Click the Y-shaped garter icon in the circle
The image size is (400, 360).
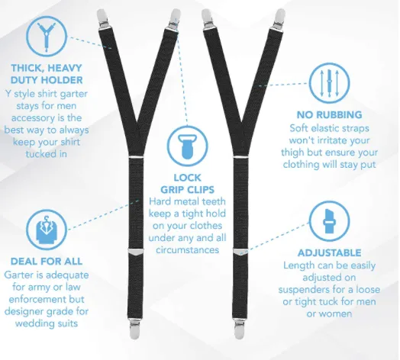click(x=46, y=36)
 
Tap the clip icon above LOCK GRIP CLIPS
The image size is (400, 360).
click(x=188, y=146)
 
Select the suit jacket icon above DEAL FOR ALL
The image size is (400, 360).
click(x=46, y=230)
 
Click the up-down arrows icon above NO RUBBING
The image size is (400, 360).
click(x=329, y=83)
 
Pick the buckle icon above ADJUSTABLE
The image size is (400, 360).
click(x=329, y=221)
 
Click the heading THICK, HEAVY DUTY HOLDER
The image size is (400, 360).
click(x=47, y=74)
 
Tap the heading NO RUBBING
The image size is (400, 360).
click(x=329, y=114)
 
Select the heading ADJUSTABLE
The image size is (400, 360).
click(x=329, y=252)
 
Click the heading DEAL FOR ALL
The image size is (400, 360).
click(x=47, y=262)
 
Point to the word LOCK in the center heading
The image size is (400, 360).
click(x=188, y=178)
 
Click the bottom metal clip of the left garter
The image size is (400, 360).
click(x=134, y=328)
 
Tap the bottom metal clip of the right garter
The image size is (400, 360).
click(x=239, y=328)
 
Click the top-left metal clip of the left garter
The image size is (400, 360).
click(x=102, y=18)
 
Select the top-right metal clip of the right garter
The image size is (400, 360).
click(x=279, y=18)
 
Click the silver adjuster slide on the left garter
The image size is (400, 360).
click(x=135, y=252)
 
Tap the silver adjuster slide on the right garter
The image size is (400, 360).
click(x=240, y=252)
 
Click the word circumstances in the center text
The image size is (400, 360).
click(x=188, y=250)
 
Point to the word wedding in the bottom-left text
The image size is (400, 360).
click(x=32, y=323)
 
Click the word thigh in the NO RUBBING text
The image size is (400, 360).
click(x=292, y=153)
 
